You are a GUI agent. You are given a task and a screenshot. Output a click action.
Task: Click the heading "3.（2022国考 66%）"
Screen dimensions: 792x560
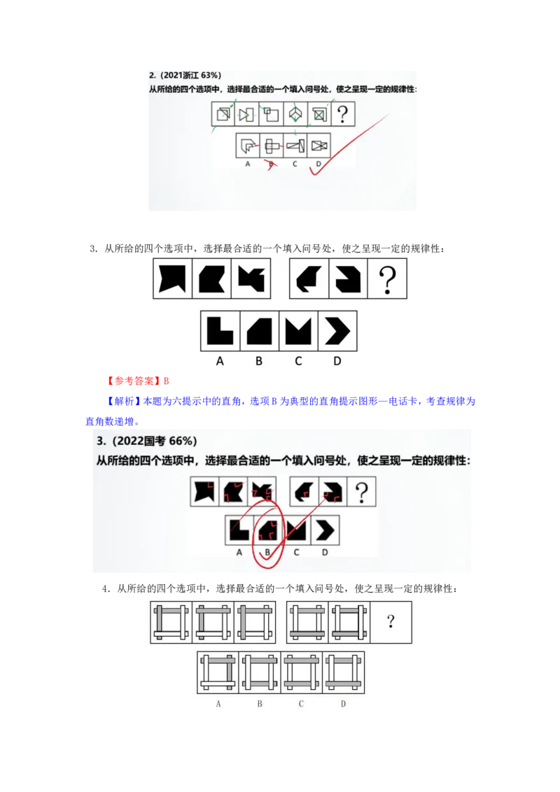pyautogui.click(x=147, y=441)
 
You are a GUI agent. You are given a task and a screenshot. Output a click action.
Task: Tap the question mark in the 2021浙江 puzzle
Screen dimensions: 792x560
pyautogui.click(x=342, y=114)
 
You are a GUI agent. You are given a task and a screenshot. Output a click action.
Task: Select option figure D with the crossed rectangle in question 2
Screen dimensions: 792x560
pyautogui.click(x=319, y=146)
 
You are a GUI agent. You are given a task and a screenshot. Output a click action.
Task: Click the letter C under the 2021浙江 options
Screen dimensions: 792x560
pyautogui.click(x=295, y=164)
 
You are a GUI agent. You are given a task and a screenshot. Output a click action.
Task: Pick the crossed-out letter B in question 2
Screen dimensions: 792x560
pyautogui.click(x=270, y=164)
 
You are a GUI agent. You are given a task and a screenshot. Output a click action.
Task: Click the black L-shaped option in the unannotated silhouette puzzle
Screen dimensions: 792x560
pyautogui.click(x=220, y=331)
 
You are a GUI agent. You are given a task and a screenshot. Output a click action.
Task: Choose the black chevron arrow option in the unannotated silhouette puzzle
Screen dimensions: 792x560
pyautogui.click(x=337, y=331)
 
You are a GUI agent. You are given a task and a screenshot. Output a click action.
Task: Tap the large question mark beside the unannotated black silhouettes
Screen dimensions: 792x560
pyautogui.click(x=387, y=278)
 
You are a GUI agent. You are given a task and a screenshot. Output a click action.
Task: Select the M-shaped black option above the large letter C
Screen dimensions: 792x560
pyautogui.click(x=298, y=331)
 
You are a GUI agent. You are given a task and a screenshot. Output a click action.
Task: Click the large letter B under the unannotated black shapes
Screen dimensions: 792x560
pyautogui.click(x=259, y=362)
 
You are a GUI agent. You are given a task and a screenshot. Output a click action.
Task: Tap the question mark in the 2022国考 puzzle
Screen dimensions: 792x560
pyautogui.click(x=362, y=493)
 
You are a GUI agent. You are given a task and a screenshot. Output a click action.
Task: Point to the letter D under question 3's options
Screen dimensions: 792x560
pyautogui.click(x=325, y=553)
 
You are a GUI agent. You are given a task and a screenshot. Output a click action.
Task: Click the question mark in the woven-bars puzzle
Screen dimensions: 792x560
pyautogui.click(x=391, y=621)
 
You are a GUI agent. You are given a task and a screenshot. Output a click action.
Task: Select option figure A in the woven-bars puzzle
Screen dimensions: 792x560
pyautogui.click(x=218, y=672)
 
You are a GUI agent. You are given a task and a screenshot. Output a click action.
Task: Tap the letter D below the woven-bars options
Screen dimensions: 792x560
pyautogui.click(x=343, y=703)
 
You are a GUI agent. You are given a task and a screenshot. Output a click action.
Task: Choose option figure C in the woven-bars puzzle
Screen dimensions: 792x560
pyautogui.click(x=302, y=672)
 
